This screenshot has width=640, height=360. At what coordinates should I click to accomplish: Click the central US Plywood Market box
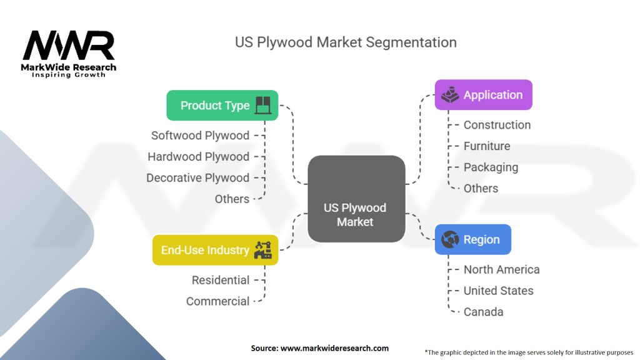click(356, 198)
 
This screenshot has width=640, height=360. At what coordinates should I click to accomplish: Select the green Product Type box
click(222, 105)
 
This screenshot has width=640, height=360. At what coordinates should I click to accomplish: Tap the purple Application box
click(483, 95)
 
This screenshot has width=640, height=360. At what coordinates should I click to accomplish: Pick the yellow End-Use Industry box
click(215, 250)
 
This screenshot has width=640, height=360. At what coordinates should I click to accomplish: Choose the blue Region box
click(472, 239)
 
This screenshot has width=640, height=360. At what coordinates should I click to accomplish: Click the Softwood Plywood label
click(200, 135)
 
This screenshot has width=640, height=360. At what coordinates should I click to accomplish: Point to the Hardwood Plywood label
click(198, 156)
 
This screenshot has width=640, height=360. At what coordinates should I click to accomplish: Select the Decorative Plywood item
click(197, 177)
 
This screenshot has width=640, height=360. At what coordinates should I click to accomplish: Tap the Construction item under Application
click(497, 125)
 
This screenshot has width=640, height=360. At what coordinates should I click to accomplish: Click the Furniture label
click(486, 146)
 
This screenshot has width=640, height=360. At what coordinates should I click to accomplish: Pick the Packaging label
click(491, 167)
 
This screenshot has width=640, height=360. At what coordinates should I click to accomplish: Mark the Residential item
click(221, 280)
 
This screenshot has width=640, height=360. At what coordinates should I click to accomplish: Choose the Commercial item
click(217, 301)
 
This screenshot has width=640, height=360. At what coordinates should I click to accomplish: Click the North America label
click(501, 269)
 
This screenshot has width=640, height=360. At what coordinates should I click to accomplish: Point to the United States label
click(498, 291)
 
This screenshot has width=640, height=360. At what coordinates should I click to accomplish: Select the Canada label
click(483, 312)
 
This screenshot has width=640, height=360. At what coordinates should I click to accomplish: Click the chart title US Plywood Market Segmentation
click(346, 42)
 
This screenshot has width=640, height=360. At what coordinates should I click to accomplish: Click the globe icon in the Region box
click(450, 239)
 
